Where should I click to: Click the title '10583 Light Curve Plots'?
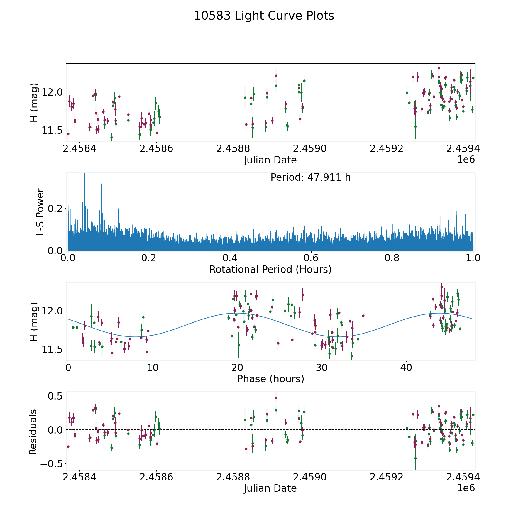point(264,16)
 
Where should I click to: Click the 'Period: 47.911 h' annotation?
point(310,177)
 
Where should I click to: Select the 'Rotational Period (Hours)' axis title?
point(270,269)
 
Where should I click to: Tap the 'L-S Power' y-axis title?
point(40,212)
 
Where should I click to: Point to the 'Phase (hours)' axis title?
point(270,379)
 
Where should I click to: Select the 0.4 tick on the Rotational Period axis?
point(230,258)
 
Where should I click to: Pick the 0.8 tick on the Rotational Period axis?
point(392,258)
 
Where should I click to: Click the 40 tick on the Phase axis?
point(406,368)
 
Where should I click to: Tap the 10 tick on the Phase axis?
point(153,368)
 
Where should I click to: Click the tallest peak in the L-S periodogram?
point(85,175)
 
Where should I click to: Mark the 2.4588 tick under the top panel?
point(233,149)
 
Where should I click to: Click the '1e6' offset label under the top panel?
point(466,160)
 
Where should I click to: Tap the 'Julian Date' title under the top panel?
point(270,160)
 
